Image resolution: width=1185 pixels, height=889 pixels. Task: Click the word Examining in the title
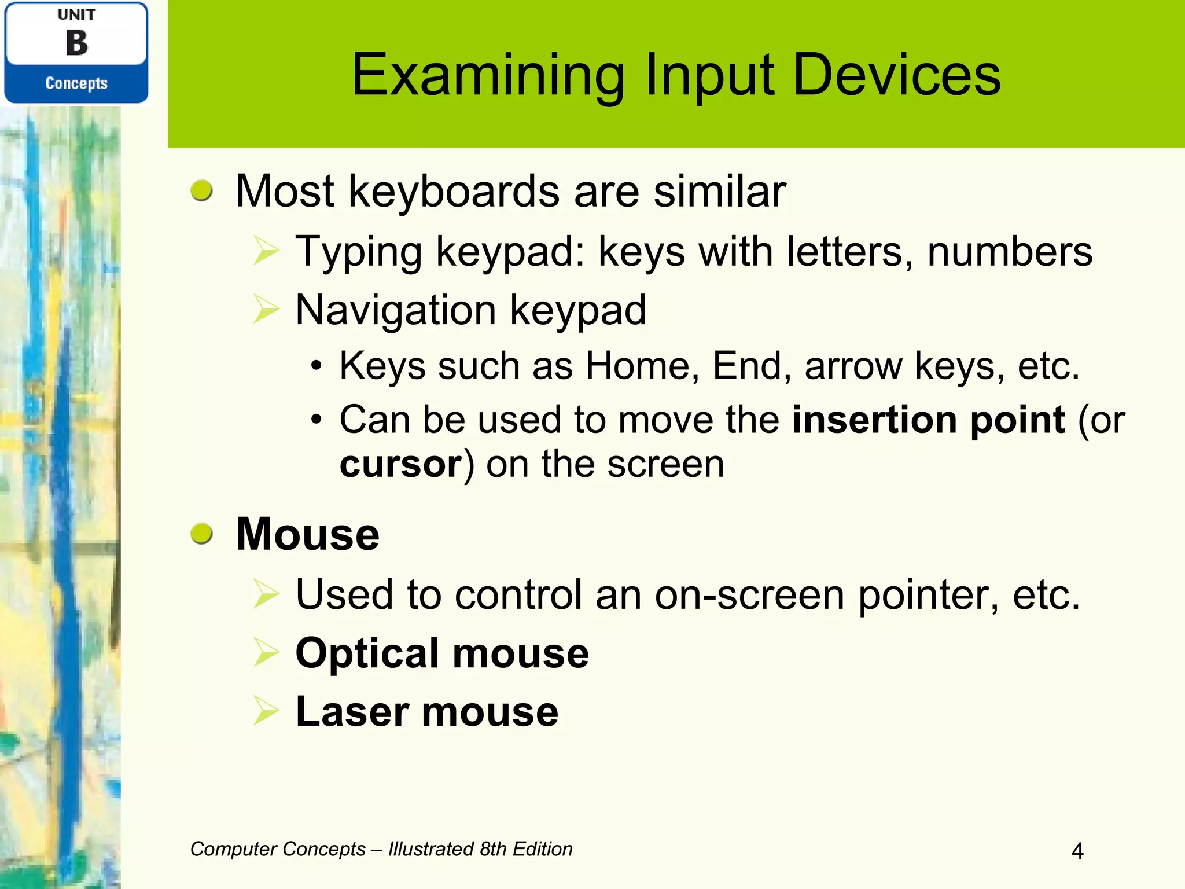[x=488, y=75]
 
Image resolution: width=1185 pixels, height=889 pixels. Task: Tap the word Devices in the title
[x=896, y=75]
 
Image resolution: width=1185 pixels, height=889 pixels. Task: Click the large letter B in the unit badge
[x=76, y=43]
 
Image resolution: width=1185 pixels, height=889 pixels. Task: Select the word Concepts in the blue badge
[x=76, y=83]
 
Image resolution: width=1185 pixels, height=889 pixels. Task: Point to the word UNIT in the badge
[x=76, y=15]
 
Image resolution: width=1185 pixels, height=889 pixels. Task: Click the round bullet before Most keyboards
[x=202, y=190]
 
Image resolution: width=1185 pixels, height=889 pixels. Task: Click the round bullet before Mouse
[x=202, y=533]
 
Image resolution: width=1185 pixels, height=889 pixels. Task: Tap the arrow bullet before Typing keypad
[x=266, y=252]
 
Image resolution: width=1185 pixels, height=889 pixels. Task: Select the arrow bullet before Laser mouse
[x=266, y=711]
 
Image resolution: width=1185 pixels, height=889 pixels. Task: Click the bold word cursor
[x=400, y=464]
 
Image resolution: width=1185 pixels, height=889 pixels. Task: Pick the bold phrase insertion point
[x=928, y=419]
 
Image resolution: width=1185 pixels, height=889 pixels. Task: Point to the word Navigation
[x=395, y=310]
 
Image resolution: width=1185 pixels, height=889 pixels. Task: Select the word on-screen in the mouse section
[x=749, y=594]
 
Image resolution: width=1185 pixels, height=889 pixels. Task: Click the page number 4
[x=1077, y=851]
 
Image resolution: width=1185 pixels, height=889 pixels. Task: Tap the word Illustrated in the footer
[x=430, y=849]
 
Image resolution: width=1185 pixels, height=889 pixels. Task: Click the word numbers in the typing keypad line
[x=1009, y=252]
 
